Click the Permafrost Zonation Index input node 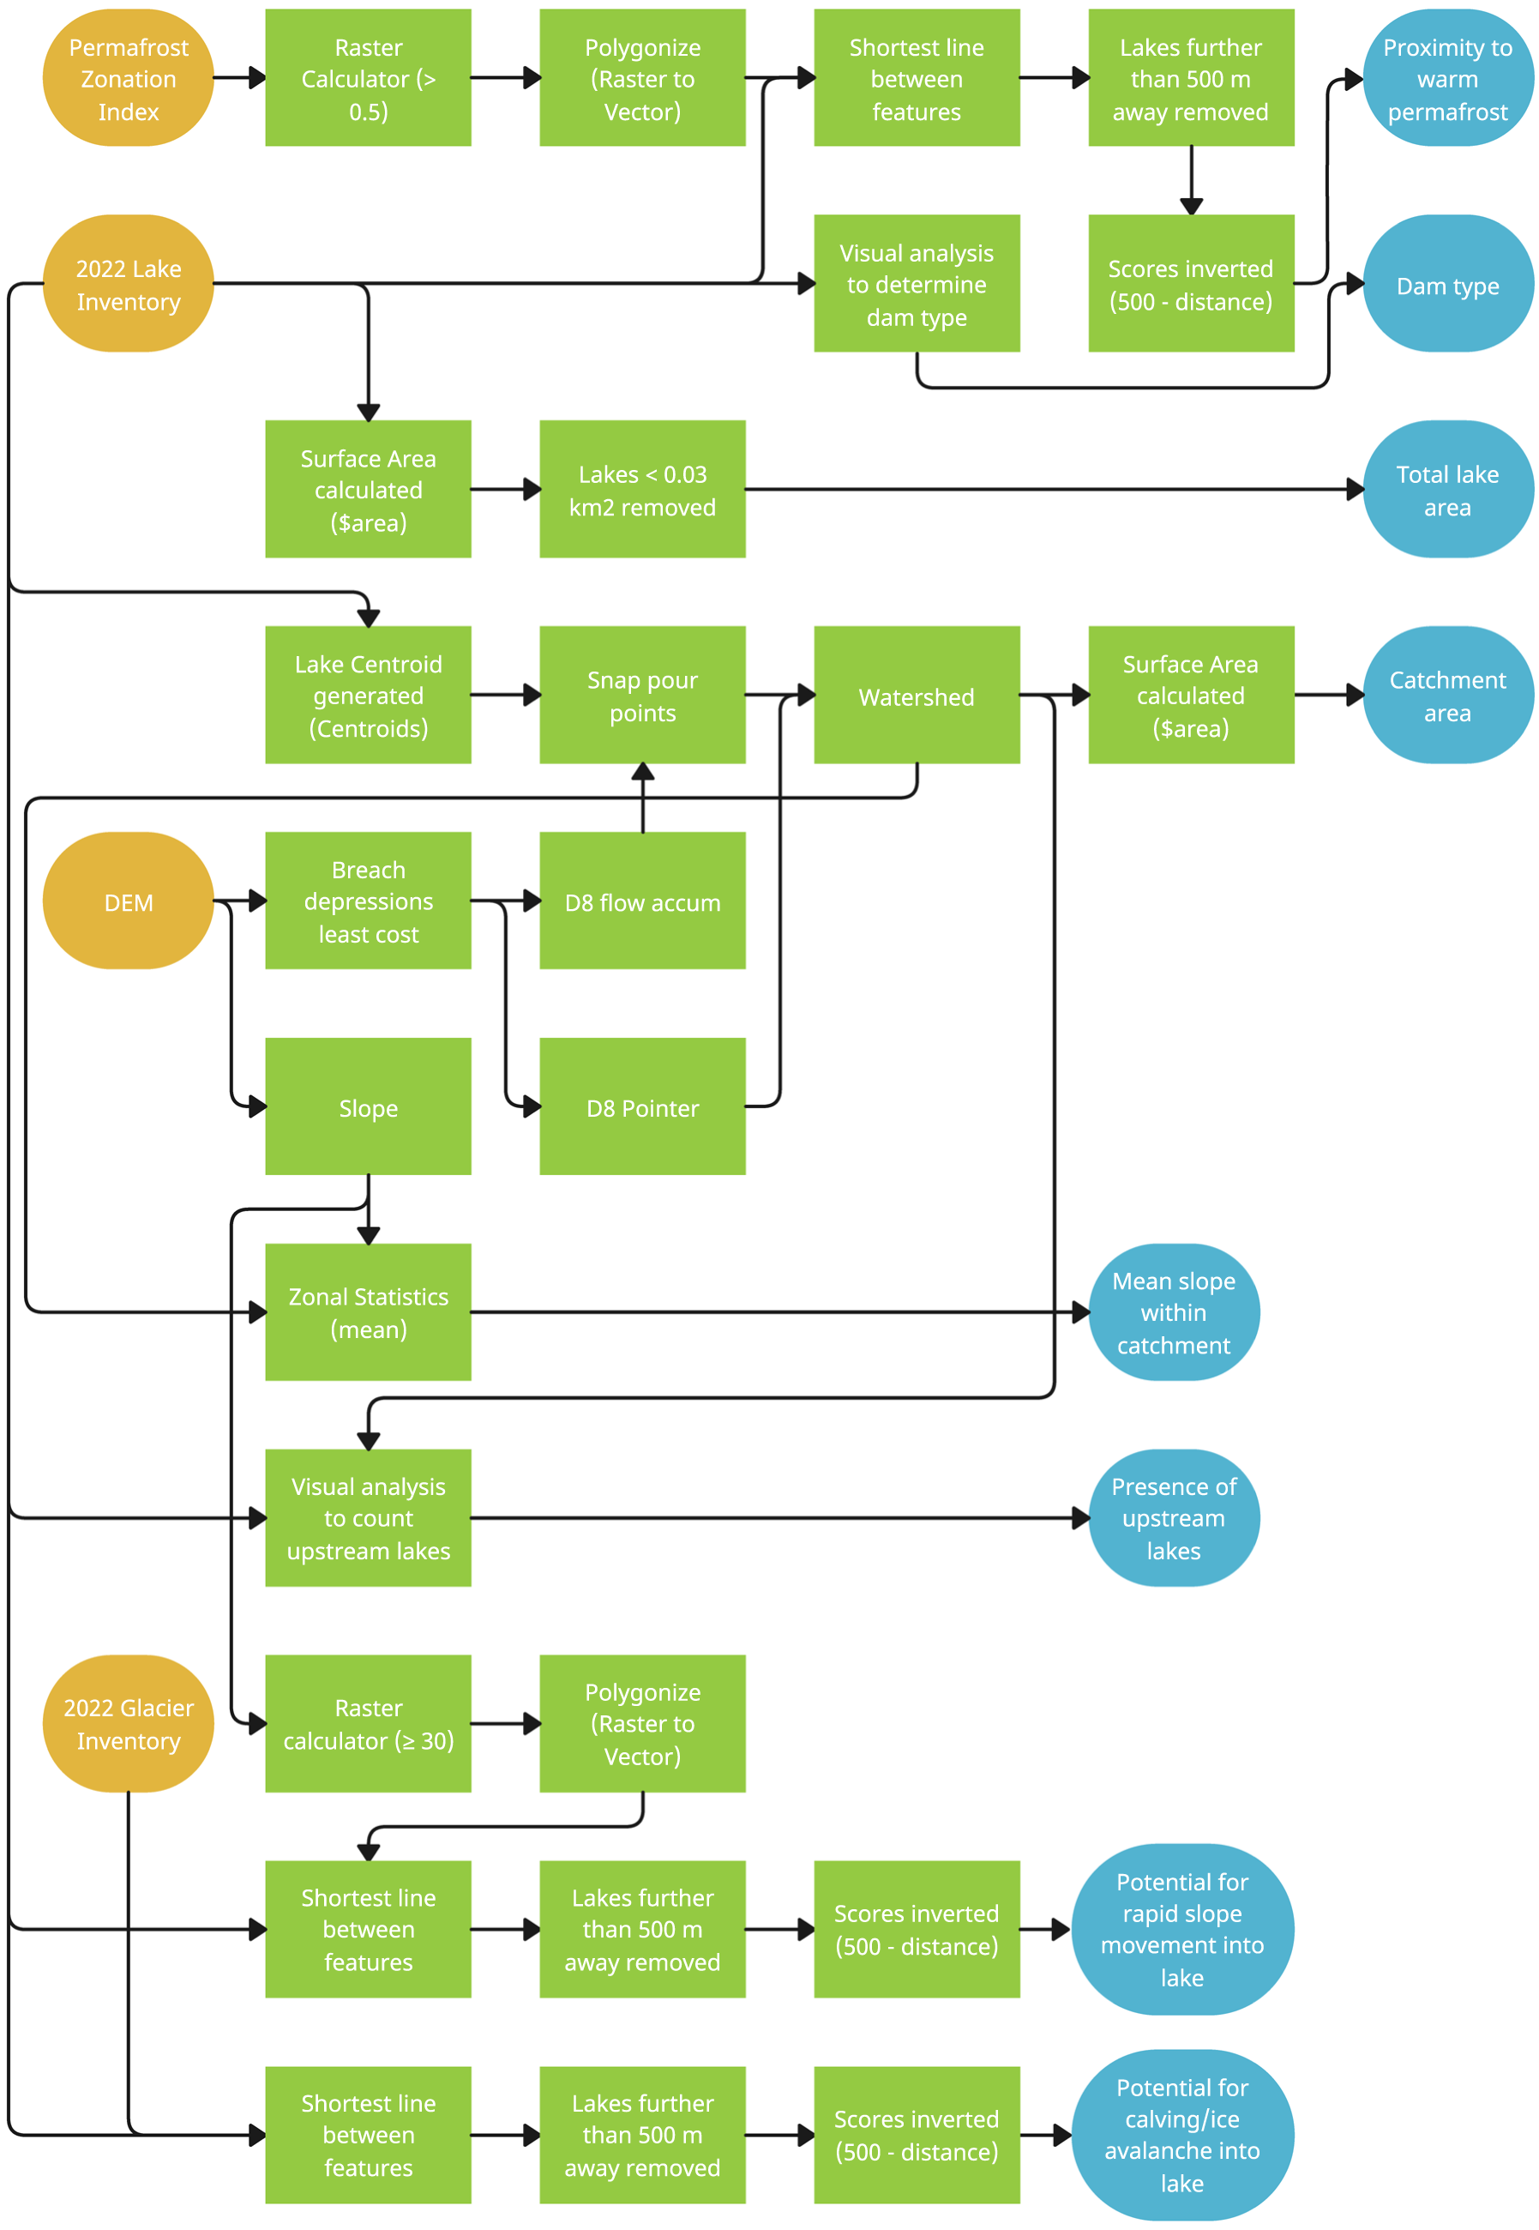click(129, 78)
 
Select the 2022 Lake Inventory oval click(129, 284)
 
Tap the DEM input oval click(129, 901)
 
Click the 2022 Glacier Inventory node click(129, 1725)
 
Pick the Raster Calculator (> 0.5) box click(369, 78)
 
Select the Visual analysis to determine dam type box click(916, 284)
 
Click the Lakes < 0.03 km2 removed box click(642, 490)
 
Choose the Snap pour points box click(642, 696)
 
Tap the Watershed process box click(916, 696)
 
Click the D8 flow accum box click(642, 901)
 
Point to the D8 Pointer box click(642, 1107)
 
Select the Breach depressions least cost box click(369, 901)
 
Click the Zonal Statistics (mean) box click(369, 1313)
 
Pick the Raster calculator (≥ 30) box click(369, 1725)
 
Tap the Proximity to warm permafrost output click(1447, 78)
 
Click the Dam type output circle click(1447, 284)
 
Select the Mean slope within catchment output click(1174, 1313)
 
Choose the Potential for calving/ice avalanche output click(1182, 2136)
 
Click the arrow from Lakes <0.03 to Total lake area click(1051, 490)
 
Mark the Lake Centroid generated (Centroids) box click(369, 696)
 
